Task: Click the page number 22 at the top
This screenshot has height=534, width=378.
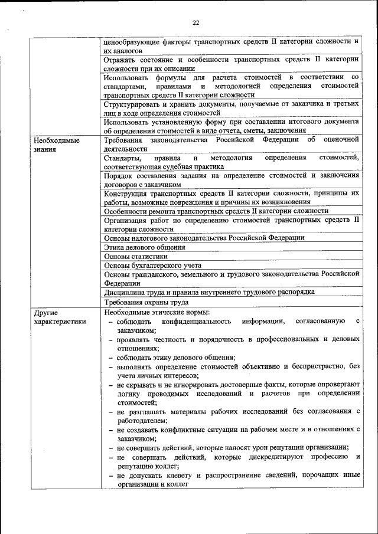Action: pos(196,23)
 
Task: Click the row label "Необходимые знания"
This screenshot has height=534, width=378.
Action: pos(57,145)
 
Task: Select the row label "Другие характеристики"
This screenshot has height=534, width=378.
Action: pos(59,317)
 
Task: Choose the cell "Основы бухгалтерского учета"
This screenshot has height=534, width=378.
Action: pos(152,266)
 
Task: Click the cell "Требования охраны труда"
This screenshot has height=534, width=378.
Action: pos(146,302)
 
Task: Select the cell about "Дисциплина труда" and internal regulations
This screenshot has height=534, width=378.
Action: pos(209,292)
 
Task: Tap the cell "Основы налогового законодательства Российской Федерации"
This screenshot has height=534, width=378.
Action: pos(204,238)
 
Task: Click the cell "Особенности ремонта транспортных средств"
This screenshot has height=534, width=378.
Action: pos(216,211)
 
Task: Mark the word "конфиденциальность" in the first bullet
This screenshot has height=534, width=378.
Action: pos(195,322)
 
